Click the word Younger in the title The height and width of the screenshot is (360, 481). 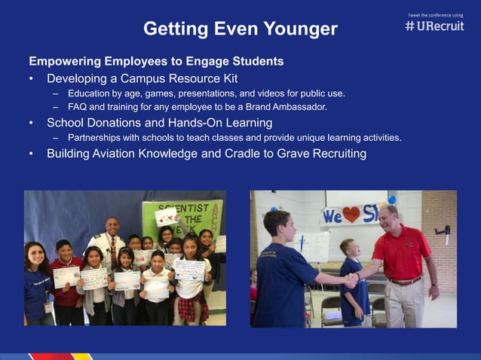300,29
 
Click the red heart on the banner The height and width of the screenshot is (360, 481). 351,215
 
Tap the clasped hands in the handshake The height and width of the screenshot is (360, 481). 351,279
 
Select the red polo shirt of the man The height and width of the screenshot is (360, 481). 400,252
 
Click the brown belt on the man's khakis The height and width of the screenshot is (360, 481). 404,282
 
